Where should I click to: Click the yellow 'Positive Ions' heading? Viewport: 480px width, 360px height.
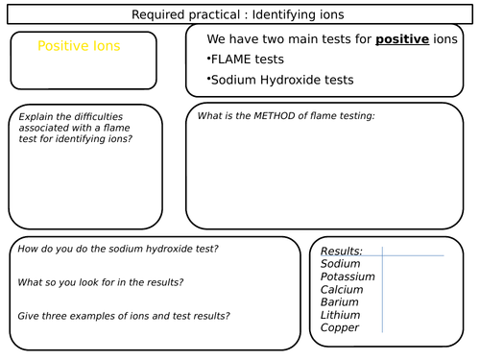(x=79, y=46)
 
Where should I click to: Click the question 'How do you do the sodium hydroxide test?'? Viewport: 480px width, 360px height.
(x=118, y=250)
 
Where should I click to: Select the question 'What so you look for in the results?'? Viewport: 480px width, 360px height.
(x=103, y=282)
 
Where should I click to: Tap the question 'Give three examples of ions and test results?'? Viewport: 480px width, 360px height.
(x=124, y=316)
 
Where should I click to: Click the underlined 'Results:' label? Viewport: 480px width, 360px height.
(x=341, y=251)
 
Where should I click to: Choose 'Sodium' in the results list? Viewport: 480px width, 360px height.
(x=341, y=264)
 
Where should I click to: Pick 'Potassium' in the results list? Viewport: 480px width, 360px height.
(x=348, y=276)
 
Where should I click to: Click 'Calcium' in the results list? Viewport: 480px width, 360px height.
(x=343, y=289)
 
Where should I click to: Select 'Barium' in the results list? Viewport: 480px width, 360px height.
(x=341, y=302)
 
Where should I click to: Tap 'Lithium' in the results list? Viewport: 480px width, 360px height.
(x=341, y=315)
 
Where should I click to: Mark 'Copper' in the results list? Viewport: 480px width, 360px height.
(x=340, y=328)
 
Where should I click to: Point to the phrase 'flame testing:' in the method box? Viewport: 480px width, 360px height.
(x=344, y=116)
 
